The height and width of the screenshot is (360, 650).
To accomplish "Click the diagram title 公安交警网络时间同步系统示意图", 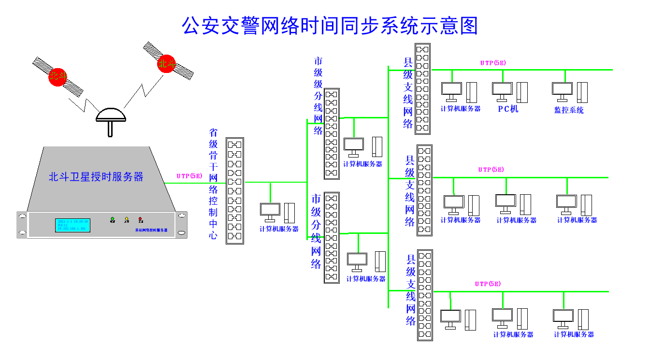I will (330, 25).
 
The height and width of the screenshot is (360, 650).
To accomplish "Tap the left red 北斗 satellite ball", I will (58, 76).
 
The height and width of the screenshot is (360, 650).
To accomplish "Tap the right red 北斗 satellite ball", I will (166, 64).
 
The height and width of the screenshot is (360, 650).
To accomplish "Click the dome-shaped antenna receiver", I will (111, 115).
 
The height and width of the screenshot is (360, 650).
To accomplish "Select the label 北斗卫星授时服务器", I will (96, 177).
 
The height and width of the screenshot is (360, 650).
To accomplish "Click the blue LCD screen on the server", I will (72, 225).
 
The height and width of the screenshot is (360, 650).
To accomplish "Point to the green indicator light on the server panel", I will (113, 219).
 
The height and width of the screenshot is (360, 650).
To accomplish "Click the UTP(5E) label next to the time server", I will (189, 176).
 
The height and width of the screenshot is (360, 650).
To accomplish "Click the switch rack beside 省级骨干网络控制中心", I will (235, 190).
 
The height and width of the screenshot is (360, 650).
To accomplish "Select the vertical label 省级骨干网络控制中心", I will (213, 184).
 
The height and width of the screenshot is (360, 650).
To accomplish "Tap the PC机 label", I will (508, 109).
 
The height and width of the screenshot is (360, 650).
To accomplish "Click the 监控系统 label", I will (569, 110).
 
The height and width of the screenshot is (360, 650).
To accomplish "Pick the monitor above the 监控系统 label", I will (563, 89).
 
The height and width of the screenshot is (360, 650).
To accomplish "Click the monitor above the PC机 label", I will (502, 89).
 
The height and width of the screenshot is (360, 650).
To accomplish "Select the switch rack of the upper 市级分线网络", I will (332, 134).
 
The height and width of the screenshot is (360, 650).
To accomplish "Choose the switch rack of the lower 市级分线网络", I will (332, 237).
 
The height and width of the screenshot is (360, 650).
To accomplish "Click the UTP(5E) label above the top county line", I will (493, 63).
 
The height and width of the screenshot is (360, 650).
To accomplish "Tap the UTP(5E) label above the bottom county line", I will (488, 284).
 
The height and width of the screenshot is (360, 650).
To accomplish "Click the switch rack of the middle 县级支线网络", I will (424, 190).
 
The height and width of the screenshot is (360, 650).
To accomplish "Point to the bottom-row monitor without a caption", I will (450, 317).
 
